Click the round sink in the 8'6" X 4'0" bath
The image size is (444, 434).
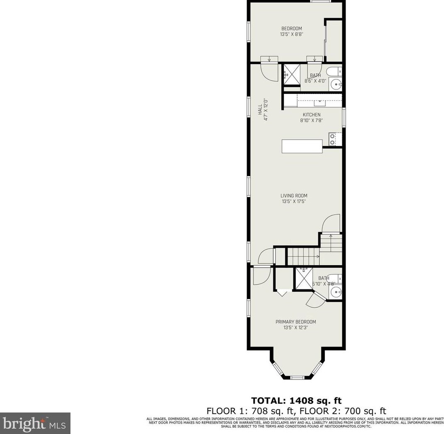click(337, 85)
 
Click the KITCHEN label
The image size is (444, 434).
click(311, 115)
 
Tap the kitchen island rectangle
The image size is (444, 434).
click(302, 146)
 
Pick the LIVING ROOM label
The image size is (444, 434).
click(294, 196)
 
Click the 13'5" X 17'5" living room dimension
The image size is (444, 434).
click(294, 202)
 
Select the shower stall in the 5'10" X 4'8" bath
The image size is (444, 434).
click(304, 278)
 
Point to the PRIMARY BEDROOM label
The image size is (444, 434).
click(295, 322)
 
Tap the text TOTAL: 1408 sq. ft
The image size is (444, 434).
click(296, 401)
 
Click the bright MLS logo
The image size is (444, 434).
click(35, 423)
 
